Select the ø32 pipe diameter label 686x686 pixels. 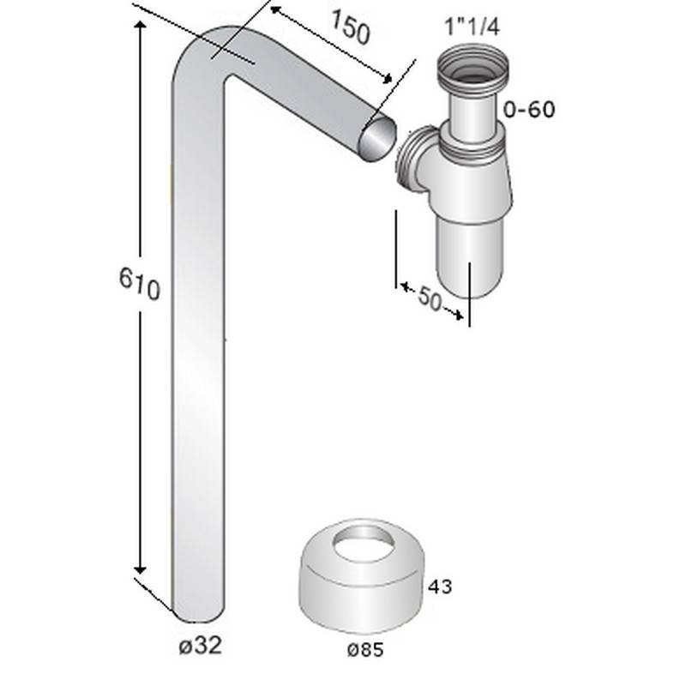[x=200, y=646]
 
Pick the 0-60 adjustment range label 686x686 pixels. [x=530, y=110]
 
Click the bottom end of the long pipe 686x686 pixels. [x=199, y=611]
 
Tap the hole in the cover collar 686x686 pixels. [x=360, y=543]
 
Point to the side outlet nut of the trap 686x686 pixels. [x=415, y=159]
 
